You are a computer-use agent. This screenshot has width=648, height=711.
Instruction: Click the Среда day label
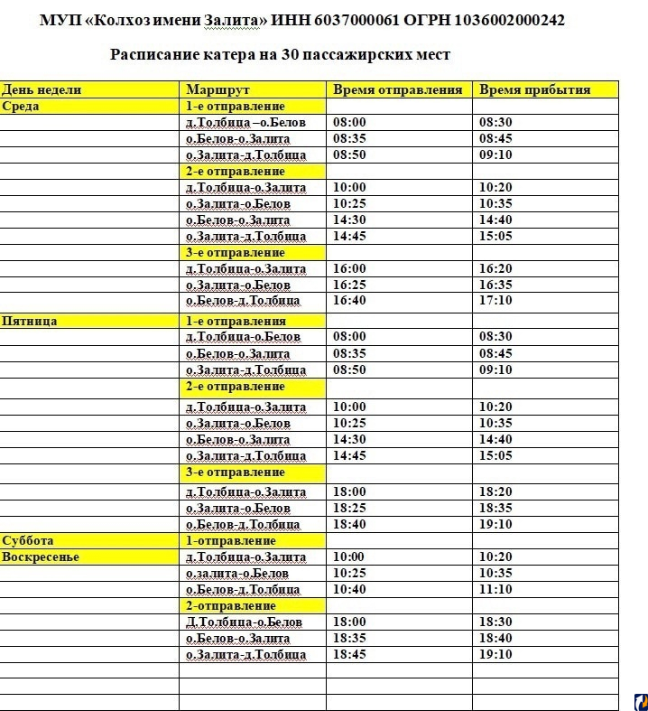pyautogui.click(x=21, y=106)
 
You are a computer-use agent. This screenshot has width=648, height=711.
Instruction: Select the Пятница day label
pyautogui.click(x=30, y=321)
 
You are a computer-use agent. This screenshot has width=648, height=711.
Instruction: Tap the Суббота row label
pyautogui.click(x=28, y=540)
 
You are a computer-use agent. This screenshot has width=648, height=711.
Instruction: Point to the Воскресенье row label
pyautogui.click(x=41, y=557)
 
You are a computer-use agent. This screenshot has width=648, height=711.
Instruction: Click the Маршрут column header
pyautogui.click(x=218, y=89)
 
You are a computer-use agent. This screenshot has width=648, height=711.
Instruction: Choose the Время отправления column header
pyautogui.click(x=397, y=89)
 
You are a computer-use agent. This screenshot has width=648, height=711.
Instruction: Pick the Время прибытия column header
pyautogui.click(x=534, y=89)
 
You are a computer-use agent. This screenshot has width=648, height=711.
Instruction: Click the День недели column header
pyautogui.click(x=42, y=89)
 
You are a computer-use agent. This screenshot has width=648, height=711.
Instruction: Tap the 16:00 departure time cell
pyautogui.click(x=350, y=268)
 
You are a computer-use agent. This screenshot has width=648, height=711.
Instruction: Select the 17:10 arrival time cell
pyautogui.click(x=495, y=301)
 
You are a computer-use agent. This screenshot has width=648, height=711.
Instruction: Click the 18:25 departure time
pyautogui.click(x=350, y=508)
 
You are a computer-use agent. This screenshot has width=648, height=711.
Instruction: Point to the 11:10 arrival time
pyautogui.click(x=495, y=589)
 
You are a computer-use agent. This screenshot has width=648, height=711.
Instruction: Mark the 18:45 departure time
pyautogui.click(x=350, y=654)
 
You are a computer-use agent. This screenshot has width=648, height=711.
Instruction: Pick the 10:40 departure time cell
pyautogui.click(x=350, y=589)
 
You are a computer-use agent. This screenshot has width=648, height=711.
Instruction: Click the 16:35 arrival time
pyautogui.click(x=495, y=285)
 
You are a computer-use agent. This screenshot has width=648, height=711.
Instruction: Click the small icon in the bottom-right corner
pyautogui.click(x=640, y=701)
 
